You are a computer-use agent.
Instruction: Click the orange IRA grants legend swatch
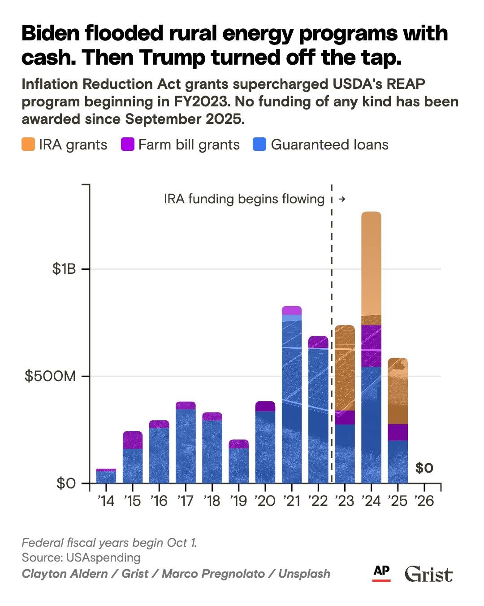click(28, 145)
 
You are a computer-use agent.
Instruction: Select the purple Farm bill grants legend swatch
click(128, 145)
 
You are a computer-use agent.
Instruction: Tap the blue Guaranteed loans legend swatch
click(260, 145)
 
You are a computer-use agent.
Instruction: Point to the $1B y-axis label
click(64, 269)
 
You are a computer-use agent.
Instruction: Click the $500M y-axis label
click(51, 376)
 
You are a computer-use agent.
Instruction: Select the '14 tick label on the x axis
click(106, 501)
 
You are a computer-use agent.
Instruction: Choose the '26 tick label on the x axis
click(424, 501)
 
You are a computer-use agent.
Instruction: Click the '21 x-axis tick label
click(291, 501)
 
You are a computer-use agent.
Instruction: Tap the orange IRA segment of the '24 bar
click(371, 265)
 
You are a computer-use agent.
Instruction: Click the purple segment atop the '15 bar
click(133, 440)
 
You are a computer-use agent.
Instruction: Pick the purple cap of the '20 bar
click(265, 406)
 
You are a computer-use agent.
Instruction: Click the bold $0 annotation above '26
click(424, 468)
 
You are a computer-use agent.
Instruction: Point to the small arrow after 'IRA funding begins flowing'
click(342, 199)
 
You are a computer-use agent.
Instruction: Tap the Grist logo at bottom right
click(428, 574)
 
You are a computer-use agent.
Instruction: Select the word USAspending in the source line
click(103, 558)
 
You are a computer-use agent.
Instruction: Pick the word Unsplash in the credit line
click(304, 573)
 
